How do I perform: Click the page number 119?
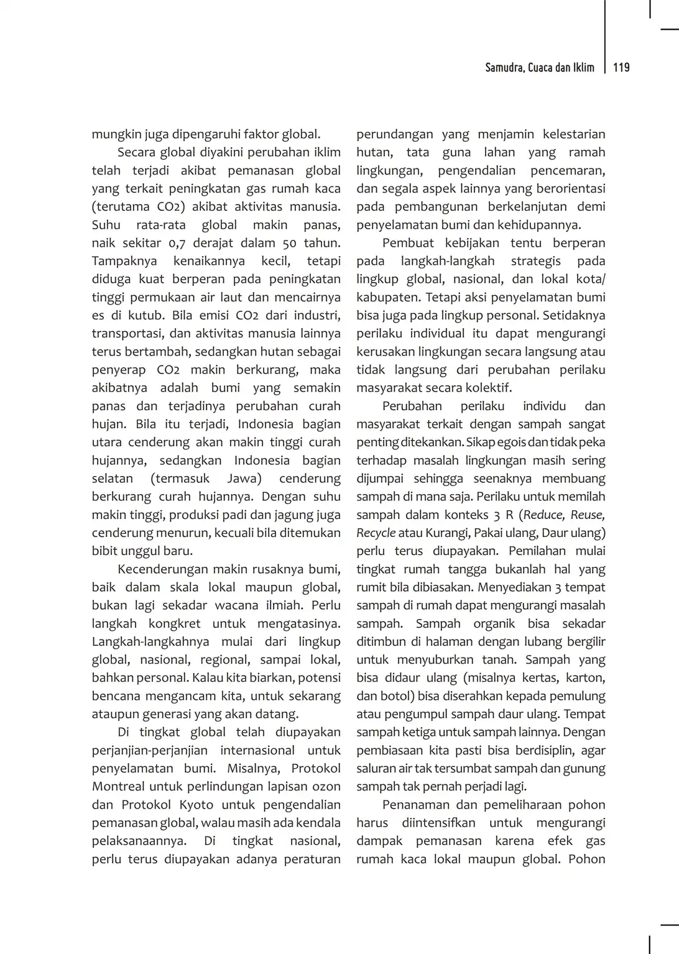pyautogui.click(x=621, y=68)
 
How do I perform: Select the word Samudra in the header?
pyautogui.click(x=504, y=68)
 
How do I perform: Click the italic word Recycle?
pyautogui.click(x=376, y=533)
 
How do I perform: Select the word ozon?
pyautogui.click(x=327, y=786)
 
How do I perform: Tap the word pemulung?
pyautogui.click(x=578, y=696)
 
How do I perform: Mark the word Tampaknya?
pyautogui.click(x=124, y=261)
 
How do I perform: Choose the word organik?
pyautogui.click(x=494, y=623)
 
